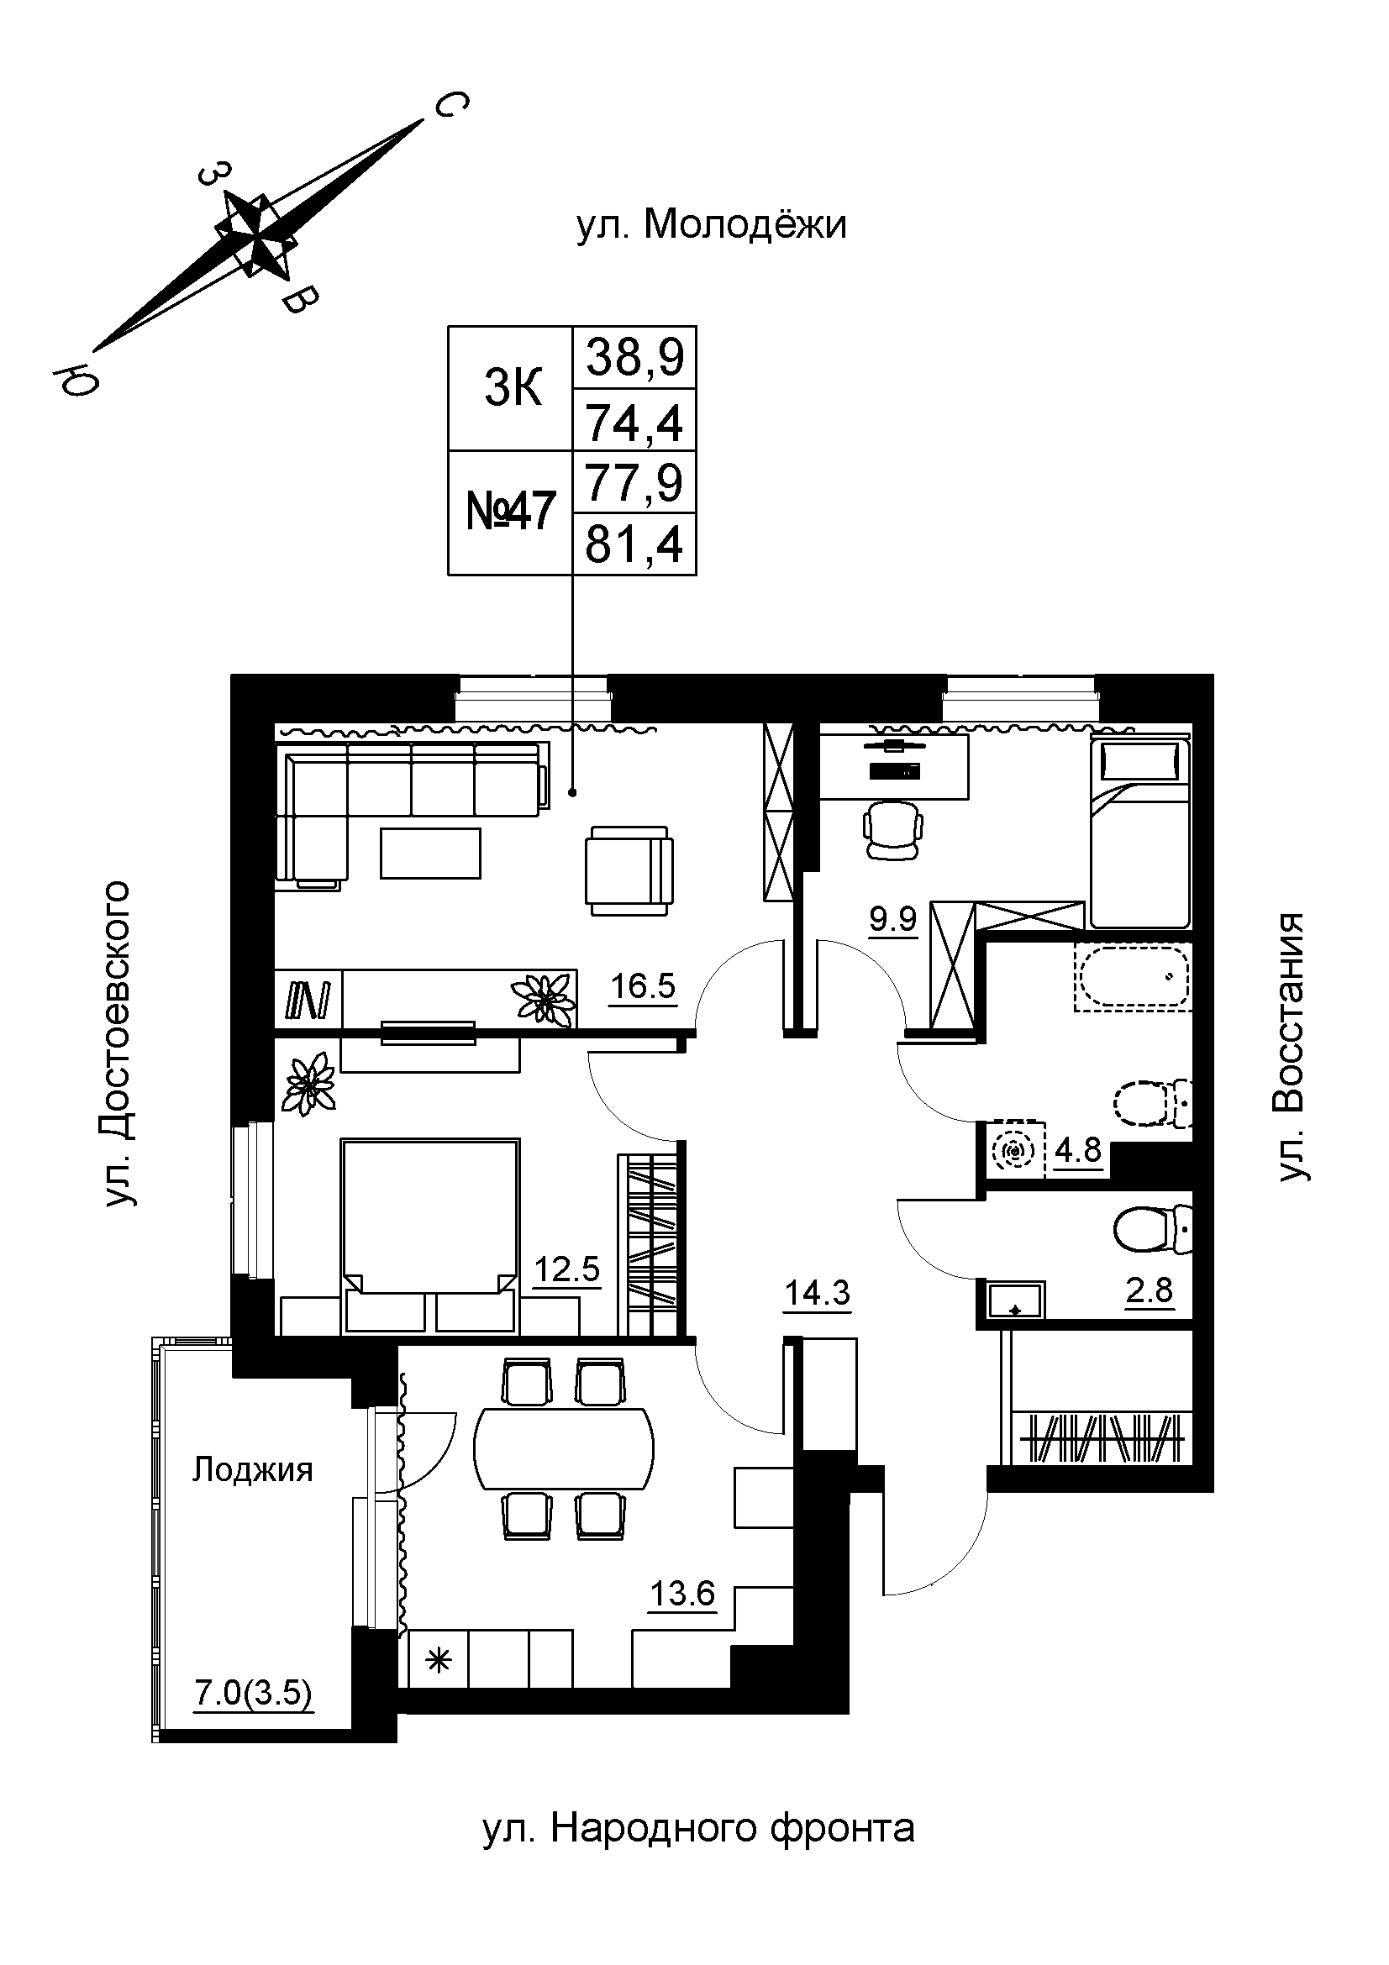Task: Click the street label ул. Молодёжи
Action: (x=711, y=226)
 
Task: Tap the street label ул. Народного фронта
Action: (x=698, y=1829)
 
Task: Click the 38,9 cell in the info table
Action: (x=634, y=358)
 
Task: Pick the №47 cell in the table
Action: (x=511, y=512)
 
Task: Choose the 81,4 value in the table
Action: (x=634, y=544)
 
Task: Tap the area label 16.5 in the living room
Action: (x=643, y=987)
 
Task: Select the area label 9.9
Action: (x=892, y=920)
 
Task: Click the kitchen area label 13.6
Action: (x=682, y=1595)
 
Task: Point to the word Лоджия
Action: (x=252, y=1470)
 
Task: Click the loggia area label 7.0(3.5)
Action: (x=253, y=1694)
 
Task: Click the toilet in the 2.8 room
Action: (x=1152, y=1229)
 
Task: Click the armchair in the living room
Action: (x=629, y=870)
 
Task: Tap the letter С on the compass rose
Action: (x=450, y=106)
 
